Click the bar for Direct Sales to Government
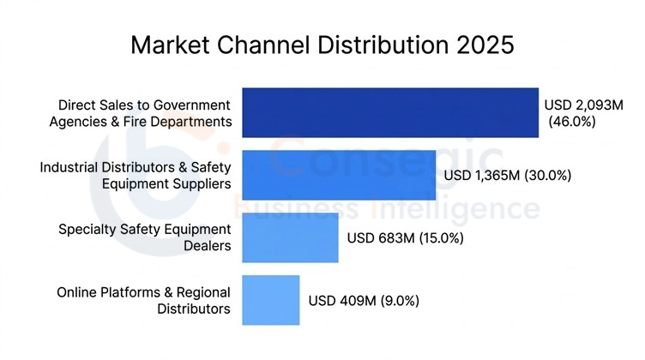click(390, 112)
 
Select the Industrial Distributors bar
click(339, 175)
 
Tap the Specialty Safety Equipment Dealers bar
click(290, 237)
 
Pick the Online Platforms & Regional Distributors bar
click(270, 300)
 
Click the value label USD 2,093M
click(582, 105)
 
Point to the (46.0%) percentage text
click(571, 123)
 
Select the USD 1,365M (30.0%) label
click(507, 176)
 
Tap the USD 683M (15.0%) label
click(405, 238)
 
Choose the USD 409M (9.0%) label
click(364, 301)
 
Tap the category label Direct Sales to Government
click(145, 105)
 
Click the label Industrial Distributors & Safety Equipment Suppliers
click(136, 175)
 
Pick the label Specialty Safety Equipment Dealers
click(144, 237)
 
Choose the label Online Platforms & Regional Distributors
click(143, 300)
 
